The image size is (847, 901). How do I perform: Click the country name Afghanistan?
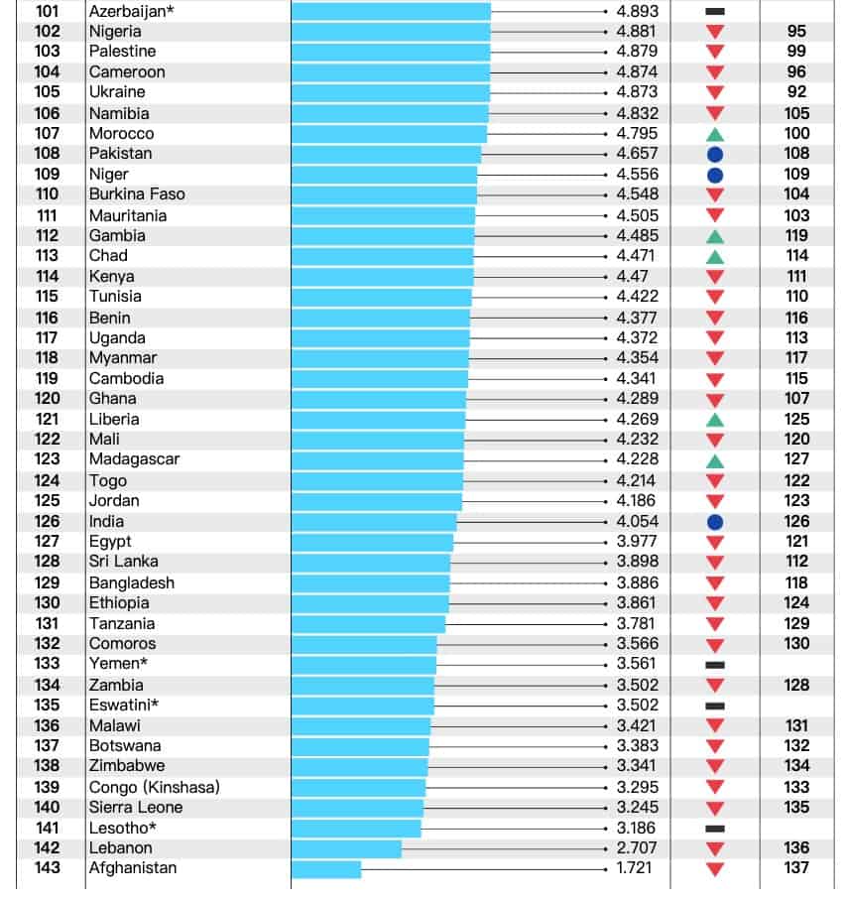coord(133,867)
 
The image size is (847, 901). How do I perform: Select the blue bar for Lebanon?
coord(346,848)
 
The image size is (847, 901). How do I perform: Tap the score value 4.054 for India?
coord(638,521)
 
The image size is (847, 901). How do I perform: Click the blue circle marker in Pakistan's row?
coord(715,154)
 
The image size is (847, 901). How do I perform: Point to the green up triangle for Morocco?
coord(715,135)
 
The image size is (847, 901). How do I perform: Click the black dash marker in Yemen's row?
coord(715,665)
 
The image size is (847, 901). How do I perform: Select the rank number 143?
coord(47,867)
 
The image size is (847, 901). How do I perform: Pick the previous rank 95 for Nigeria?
coord(796,31)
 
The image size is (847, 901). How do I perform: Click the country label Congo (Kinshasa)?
coord(155,787)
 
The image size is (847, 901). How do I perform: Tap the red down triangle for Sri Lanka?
coord(715,563)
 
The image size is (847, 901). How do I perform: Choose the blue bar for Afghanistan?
coord(326,869)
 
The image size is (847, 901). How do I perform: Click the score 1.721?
coord(634,867)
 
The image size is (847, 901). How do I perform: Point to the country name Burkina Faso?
coord(137,194)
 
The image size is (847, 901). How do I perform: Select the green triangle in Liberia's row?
coord(715,420)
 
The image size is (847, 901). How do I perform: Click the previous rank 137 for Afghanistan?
coord(796,867)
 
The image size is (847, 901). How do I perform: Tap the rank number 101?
coord(47,11)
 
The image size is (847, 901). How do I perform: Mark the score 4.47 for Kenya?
coord(632,277)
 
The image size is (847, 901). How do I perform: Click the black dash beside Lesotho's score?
coord(715,829)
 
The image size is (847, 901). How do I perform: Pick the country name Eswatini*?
coord(124,706)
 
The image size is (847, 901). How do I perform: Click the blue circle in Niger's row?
coord(715,176)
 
